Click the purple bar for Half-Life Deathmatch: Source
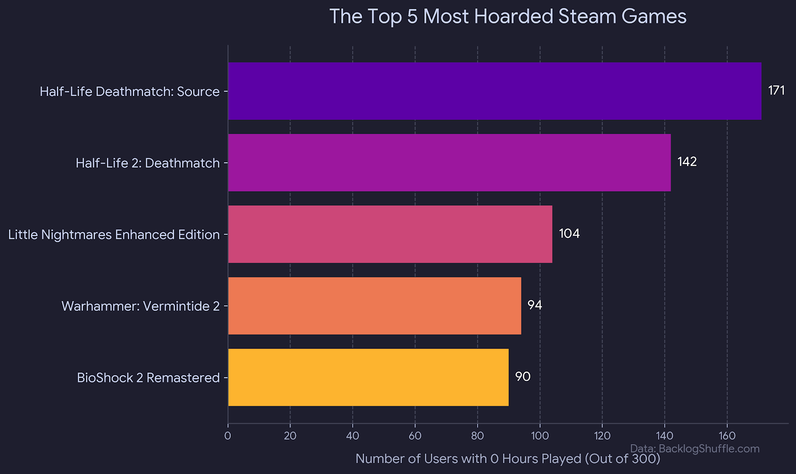pos(495,91)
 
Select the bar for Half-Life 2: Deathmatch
pos(449,163)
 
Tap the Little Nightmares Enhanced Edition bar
pos(390,234)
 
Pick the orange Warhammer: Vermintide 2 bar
pos(375,306)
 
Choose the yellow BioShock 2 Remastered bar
pos(368,378)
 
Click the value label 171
pos(776,91)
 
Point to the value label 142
pos(687,162)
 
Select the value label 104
pos(569,234)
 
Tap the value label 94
pos(535,305)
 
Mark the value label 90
pos(523,377)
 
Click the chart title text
pos(507,16)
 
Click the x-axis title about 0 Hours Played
pos(507,459)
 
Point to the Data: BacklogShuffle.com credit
pos(695,449)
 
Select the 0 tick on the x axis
pos(228,436)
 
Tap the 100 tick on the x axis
pos(540,436)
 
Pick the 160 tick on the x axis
pos(727,436)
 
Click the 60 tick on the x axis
pos(415,436)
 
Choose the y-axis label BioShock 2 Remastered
pos(148,378)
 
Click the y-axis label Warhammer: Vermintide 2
pos(140,306)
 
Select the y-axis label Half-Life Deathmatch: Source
pos(129,92)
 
